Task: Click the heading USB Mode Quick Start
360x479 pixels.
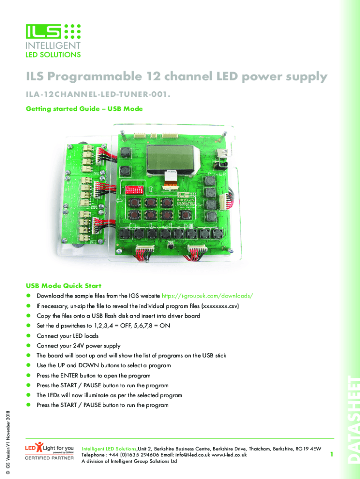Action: [x=64, y=285]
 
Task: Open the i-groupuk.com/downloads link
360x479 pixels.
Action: [x=208, y=296]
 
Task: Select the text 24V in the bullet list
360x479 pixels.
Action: [x=87, y=346]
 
